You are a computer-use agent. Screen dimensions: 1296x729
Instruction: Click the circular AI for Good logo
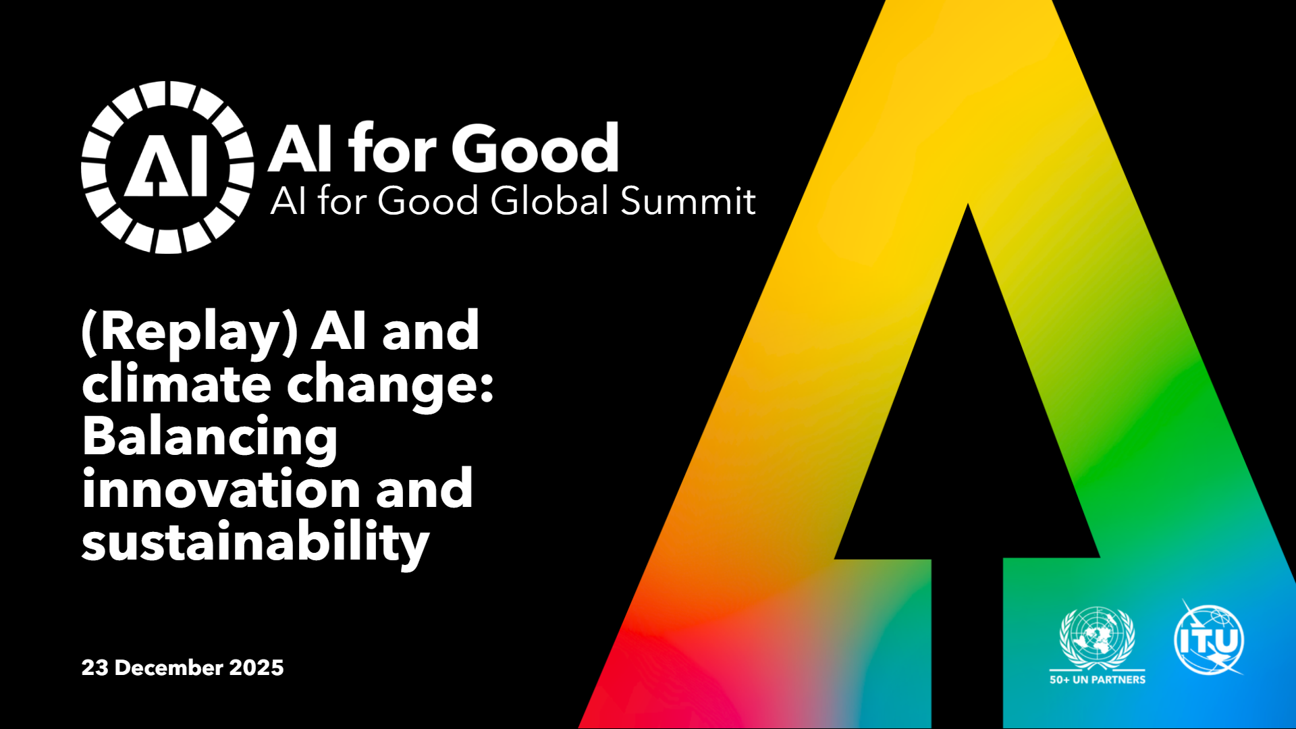click(x=167, y=167)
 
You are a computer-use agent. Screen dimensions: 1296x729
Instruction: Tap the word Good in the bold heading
click(x=535, y=148)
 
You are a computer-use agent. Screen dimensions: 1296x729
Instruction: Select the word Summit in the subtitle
click(x=688, y=201)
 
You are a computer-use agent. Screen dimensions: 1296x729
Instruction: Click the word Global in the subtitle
click(x=551, y=200)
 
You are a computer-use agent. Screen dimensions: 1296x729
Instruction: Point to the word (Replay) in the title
click(x=190, y=332)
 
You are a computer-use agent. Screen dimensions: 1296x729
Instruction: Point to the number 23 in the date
click(x=94, y=668)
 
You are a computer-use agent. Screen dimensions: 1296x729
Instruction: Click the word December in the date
click(x=169, y=668)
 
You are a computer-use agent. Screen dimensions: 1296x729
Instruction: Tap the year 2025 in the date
click(x=256, y=668)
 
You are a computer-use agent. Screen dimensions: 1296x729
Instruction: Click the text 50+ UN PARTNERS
click(x=1098, y=680)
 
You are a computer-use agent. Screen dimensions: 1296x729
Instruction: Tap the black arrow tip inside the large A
click(x=967, y=205)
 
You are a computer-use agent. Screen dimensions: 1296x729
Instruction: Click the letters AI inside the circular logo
click(x=167, y=169)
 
